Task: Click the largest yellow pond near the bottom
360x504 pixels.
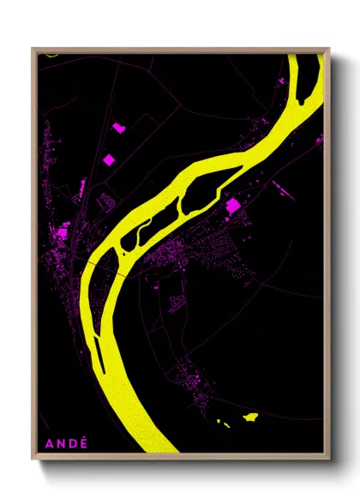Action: tap(250, 417)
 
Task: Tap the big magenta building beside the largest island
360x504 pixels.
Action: tap(231, 205)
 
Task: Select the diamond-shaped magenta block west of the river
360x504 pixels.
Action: tap(108, 159)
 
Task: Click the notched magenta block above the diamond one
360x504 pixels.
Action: tap(118, 128)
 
